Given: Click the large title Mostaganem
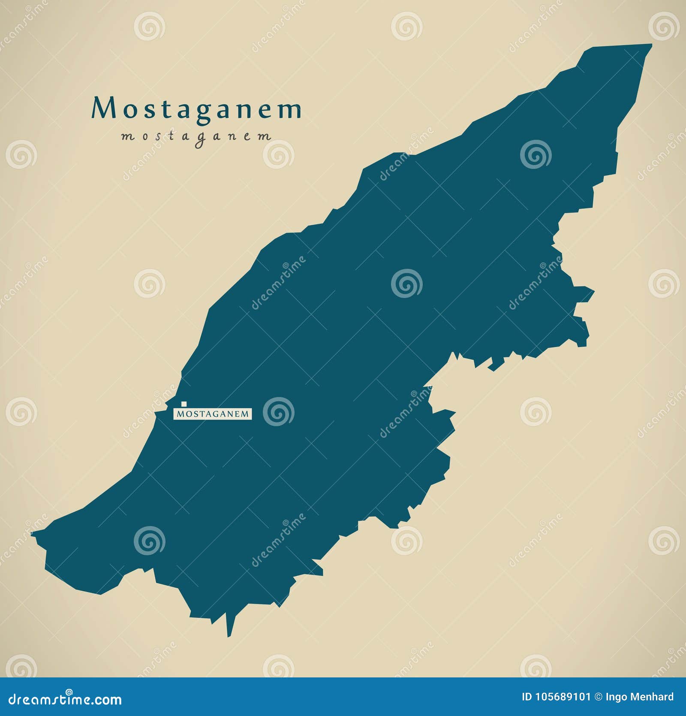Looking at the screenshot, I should tap(196, 109).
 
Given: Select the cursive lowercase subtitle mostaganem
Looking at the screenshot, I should tap(196, 137).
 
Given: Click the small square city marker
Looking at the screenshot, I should tap(184, 403).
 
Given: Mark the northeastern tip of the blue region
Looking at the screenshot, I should tap(650, 45).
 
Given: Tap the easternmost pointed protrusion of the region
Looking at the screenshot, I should tap(593, 292).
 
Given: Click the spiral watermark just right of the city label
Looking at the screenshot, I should tap(278, 412).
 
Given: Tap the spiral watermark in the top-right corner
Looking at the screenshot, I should tap(664, 26).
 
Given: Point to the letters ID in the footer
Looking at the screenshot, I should tap(527, 697).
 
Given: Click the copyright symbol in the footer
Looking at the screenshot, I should tap(601, 697).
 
